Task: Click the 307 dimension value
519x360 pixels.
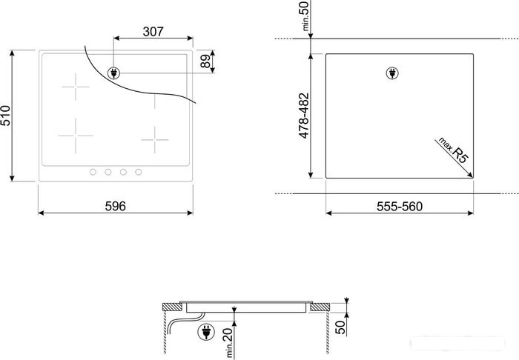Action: click(x=153, y=32)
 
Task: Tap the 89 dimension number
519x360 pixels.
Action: click(x=205, y=61)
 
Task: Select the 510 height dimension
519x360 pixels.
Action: click(x=6, y=116)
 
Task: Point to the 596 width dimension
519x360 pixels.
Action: click(x=116, y=206)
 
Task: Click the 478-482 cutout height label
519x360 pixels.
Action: click(x=304, y=116)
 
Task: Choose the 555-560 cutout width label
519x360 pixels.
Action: click(x=400, y=207)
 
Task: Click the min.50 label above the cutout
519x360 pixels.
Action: click(x=305, y=16)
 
